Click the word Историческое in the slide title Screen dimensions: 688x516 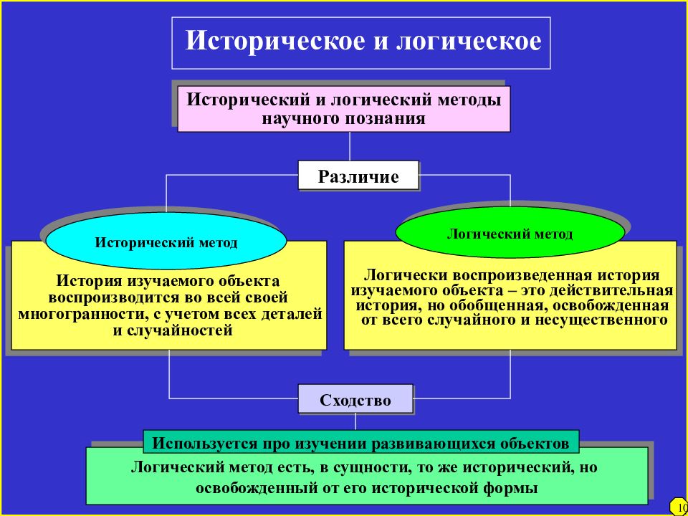point(274,42)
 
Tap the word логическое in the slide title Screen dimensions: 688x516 point(469,42)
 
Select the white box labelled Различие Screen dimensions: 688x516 point(358,176)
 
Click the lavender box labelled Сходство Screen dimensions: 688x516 point(355,399)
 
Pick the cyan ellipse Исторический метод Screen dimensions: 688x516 point(166,242)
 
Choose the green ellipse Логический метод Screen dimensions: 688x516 point(510,232)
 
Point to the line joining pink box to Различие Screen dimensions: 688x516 point(350,146)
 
